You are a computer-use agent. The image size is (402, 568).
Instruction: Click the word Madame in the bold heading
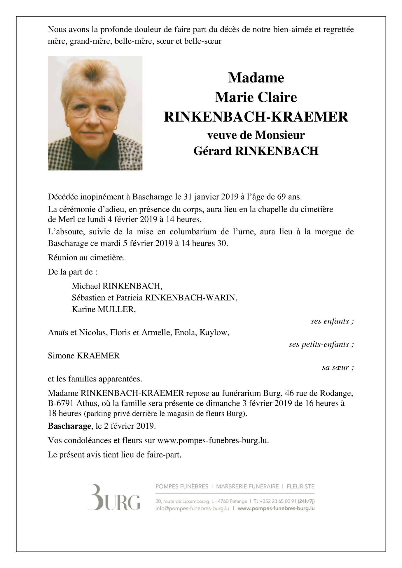click(x=256, y=78)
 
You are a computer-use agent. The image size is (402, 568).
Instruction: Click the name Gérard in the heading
click(x=212, y=151)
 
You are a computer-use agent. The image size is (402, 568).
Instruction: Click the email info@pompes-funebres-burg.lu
click(x=193, y=508)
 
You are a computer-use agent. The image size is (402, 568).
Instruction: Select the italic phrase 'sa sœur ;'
click(x=338, y=367)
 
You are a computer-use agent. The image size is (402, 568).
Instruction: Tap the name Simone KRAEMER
click(x=84, y=356)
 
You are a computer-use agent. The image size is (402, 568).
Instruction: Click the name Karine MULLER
click(x=104, y=309)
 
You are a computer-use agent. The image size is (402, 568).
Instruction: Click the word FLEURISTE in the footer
click(x=300, y=486)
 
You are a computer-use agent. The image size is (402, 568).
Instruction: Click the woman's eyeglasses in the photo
click(x=93, y=111)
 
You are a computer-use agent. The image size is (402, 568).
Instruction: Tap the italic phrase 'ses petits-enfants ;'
click(x=321, y=344)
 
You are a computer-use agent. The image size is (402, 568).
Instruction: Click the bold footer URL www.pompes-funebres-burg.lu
click(x=276, y=508)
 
